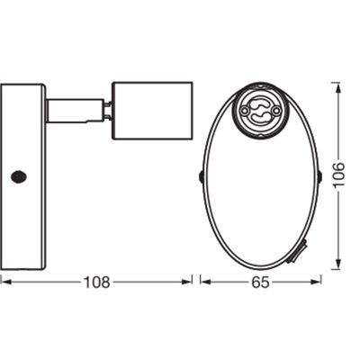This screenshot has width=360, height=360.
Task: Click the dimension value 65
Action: tap(258, 282)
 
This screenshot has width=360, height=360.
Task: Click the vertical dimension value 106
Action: tap(337, 173)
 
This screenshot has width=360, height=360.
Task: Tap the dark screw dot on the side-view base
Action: tap(17, 177)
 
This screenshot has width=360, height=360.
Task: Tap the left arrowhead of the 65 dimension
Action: tap(202, 282)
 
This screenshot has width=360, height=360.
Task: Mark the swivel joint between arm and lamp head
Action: tap(105, 110)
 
